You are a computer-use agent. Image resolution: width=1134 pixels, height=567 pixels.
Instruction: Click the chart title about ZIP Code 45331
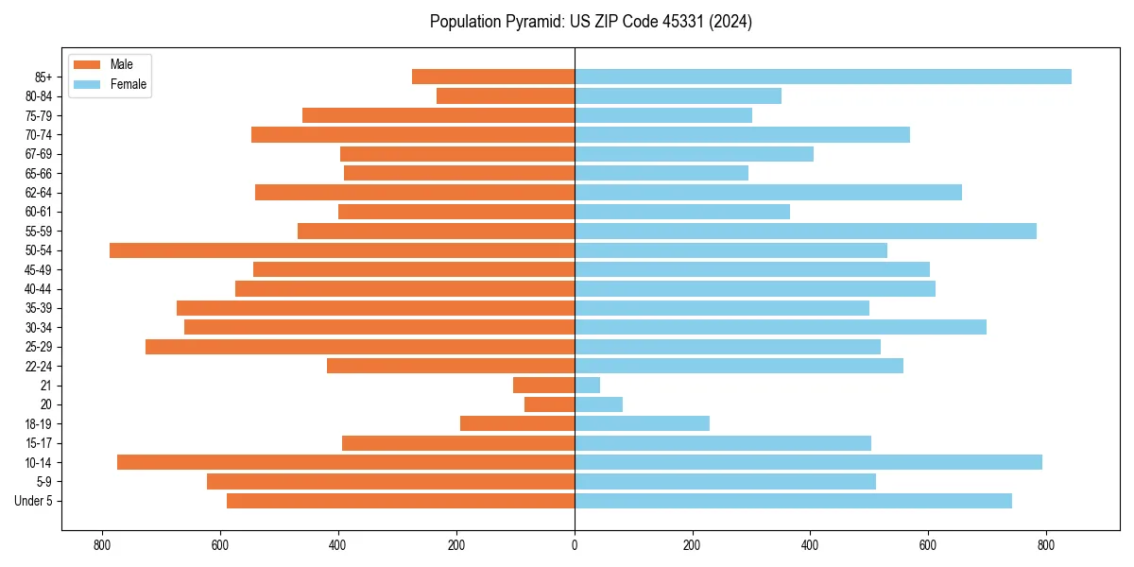591,22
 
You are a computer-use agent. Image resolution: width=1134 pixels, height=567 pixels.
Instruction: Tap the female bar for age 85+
822,77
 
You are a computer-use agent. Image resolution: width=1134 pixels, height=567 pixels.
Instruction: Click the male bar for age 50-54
342,250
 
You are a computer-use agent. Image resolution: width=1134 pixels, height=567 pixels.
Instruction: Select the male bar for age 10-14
346,462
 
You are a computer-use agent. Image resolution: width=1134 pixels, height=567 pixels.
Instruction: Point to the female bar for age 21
587,385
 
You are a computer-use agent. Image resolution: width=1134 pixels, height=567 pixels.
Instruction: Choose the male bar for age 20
549,404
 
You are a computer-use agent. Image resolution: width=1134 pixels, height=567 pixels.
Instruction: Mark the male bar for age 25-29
360,347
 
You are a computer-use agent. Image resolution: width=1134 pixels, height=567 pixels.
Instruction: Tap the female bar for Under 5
793,501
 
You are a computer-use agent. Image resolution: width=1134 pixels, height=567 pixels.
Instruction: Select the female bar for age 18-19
642,423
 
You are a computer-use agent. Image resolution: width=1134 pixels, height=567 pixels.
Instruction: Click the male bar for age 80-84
506,95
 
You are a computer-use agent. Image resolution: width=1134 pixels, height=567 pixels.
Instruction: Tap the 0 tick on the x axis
575,544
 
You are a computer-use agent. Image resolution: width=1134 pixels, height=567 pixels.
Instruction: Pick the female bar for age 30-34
780,327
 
